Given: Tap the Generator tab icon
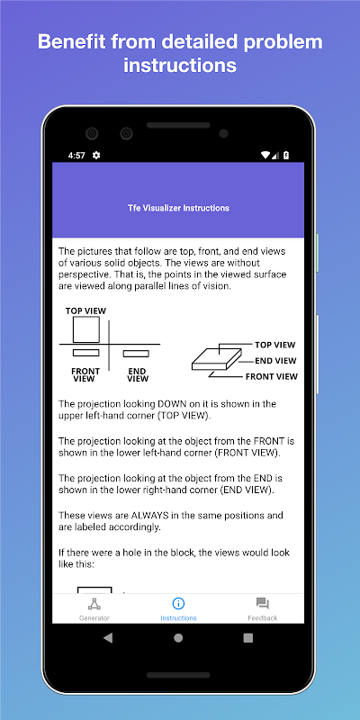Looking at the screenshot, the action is pyautogui.click(x=94, y=603).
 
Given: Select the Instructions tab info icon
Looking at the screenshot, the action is pyautogui.click(x=178, y=603).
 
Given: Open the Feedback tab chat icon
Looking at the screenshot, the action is pyautogui.click(x=263, y=603).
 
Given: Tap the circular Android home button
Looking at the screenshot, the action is pyautogui.click(x=178, y=638).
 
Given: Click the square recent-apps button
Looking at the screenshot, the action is pyautogui.click(x=248, y=638).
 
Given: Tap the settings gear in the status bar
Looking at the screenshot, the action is pyautogui.click(x=96, y=155).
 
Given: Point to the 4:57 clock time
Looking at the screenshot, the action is pyautogui.click(x=76, y=156).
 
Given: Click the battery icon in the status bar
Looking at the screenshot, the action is pyautogui.click(x=286, y=155).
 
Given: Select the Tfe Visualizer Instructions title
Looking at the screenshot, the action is pyautogui.click(x=178, y=208).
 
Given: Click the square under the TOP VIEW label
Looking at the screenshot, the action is pyautogui.click(x=86, y=329).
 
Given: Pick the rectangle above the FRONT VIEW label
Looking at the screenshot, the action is pyautogui.click(x=85, y=353).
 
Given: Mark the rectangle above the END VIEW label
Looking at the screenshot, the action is pyautogui.click(x=136, y=354).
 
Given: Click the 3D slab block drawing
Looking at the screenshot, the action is pyautogui.click(x=217, y=359).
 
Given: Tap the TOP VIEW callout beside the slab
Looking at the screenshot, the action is pyautogui.click(x=275, y=345).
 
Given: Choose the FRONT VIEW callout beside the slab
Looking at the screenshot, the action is pyautogui.click(x=272, y=376).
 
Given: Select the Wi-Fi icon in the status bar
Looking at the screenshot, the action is pyautogui.click(x=265, y=155).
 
